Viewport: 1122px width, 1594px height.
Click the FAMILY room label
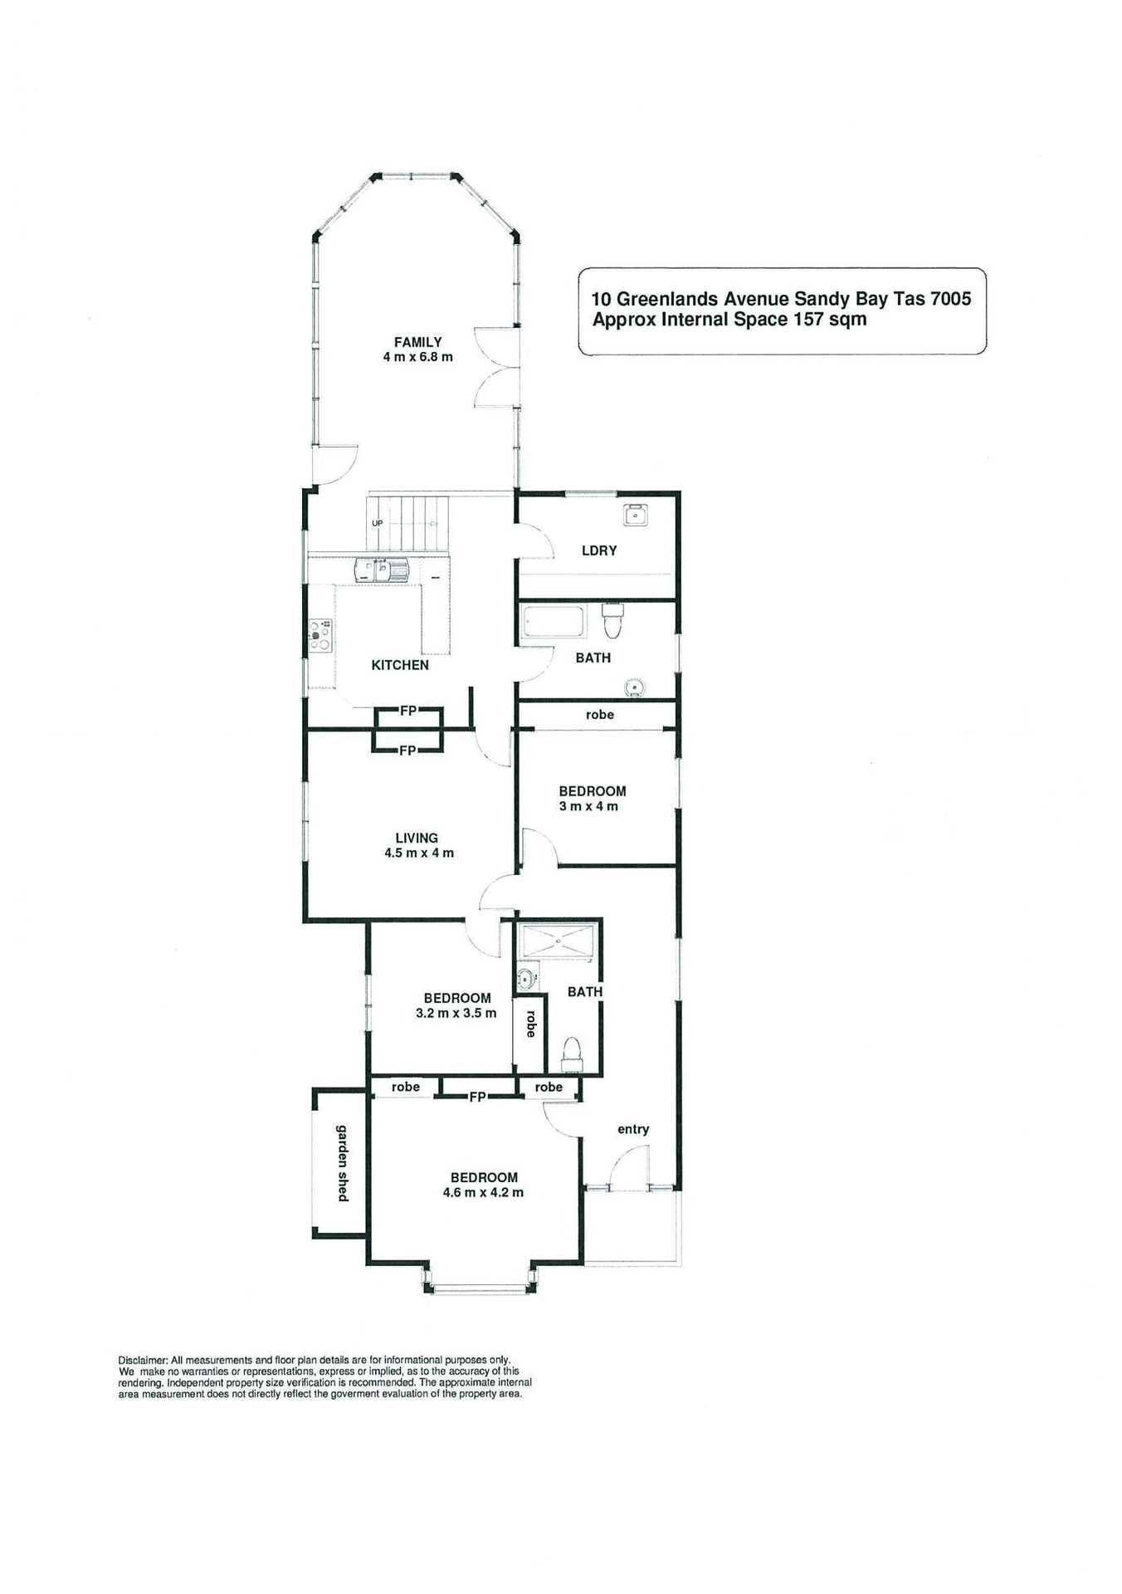[417, 342]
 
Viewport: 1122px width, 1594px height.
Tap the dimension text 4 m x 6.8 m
[417, 357]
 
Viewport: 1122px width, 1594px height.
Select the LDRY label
[599, 550]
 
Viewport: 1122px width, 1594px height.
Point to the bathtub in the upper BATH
[553, 622]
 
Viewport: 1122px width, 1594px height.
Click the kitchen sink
[382, 570]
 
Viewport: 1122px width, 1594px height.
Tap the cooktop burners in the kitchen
[320, 635]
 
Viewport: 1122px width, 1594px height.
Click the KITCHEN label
[400, 665]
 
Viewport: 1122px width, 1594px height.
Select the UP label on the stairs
[378, 524]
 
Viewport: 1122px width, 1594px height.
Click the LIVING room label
[417, 839]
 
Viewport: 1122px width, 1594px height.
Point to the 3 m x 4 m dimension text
[588, 806]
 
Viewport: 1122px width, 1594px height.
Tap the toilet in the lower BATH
[572, 1050]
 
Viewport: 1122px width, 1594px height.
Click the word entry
[633, 1129]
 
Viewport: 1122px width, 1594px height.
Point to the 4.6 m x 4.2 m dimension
[483, 1192]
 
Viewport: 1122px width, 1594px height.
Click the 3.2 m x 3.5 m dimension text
[456, 1013]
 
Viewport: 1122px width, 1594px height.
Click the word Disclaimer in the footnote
[143, 1361]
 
